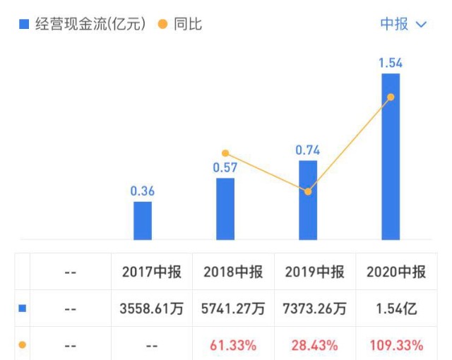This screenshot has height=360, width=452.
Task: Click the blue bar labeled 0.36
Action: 143,220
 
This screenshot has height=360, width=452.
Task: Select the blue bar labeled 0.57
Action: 225,209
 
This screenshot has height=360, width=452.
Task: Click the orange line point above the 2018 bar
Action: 225,153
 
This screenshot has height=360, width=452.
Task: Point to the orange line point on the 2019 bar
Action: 308,191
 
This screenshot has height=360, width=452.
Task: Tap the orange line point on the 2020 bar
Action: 391,97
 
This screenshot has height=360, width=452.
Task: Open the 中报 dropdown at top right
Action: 403,24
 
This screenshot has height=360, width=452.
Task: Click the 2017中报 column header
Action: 151,272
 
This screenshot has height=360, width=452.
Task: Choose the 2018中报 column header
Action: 234,272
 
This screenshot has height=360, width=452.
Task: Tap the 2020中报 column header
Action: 396,272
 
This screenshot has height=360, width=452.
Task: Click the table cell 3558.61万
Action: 151,309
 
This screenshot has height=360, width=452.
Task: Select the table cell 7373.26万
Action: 314,309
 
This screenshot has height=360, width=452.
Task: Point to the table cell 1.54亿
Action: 396,309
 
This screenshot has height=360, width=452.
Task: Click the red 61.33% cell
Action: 234,346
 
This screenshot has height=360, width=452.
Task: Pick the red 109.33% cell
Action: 396,346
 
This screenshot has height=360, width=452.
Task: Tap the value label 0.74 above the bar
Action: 308,149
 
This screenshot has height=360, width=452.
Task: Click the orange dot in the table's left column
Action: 23,345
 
